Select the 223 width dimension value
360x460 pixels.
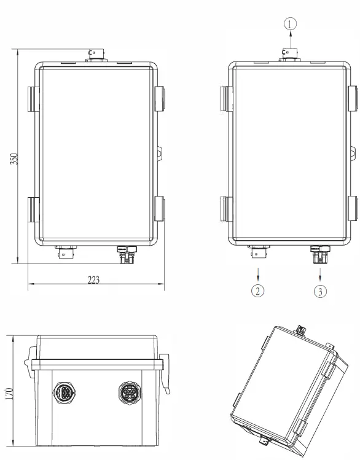click(94, 280)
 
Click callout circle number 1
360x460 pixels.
click(291, 24)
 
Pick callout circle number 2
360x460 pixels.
click(259, 291)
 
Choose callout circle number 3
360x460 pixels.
click(320, 291)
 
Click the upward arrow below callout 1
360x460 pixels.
click(291, 42)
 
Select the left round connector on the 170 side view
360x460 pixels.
click(65, 392)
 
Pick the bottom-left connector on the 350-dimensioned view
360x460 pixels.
click(65, 252)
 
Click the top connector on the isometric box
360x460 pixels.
click(301, 329)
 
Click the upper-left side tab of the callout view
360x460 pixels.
click(224, 98)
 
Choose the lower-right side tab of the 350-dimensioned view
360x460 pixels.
click(160, 209)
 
